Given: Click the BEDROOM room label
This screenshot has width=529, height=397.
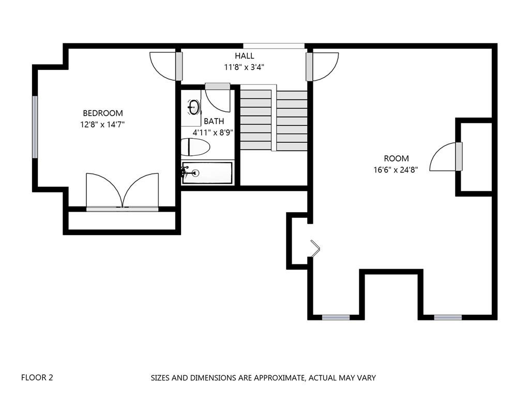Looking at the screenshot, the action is (x=103, y=113).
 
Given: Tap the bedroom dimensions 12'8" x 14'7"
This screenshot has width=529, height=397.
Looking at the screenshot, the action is (x=102, y=125).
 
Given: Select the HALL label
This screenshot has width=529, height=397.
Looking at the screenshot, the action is (x=245, y=56).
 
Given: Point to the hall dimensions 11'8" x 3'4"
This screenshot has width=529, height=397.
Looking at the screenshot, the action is (x=244, y=67).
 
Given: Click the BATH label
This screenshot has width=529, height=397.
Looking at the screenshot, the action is (x=214, y=121).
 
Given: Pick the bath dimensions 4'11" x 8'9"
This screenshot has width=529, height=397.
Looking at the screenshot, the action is (x=213, y=133).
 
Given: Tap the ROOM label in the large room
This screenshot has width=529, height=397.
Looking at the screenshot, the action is (x=397, y=158).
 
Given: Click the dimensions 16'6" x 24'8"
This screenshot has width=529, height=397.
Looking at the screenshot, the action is (x=396, y=170).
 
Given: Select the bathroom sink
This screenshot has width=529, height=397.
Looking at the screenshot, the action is (x=193, y=107).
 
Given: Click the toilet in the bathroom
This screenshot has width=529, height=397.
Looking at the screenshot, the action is (x=195, y=147).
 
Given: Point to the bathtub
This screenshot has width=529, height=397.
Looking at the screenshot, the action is (x=207, y=173).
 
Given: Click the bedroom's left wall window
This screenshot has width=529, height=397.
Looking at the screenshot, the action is (x=35, y=127).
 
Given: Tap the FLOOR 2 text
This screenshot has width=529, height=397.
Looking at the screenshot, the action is (x=37, y=377).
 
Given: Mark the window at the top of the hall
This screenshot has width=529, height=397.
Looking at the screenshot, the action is (x=274, y=46).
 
